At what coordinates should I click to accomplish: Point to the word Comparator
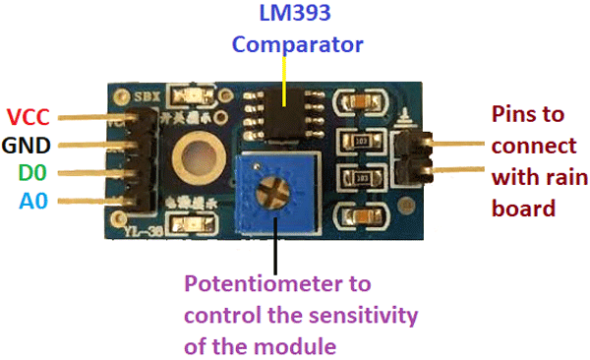[298, 44]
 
